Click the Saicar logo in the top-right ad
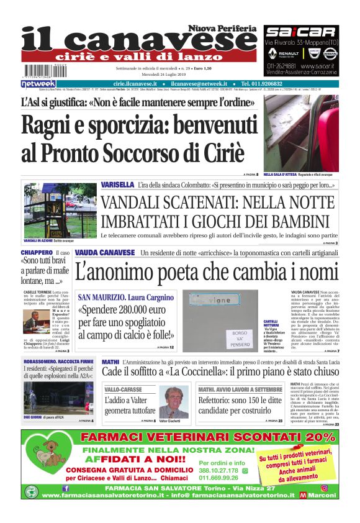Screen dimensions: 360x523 click(x=300, y=32)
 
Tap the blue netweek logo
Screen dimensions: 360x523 click(x=38, y=83)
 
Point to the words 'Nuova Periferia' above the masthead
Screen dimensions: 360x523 click(x=223, y=29)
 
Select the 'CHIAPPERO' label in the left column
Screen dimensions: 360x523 click(x=37, y=253)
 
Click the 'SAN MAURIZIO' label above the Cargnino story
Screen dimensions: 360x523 click(x=102, y=297)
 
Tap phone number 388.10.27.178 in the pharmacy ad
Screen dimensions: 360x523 click(x=219, y=471)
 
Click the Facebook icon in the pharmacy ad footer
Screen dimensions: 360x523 click(x=66, y=488)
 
